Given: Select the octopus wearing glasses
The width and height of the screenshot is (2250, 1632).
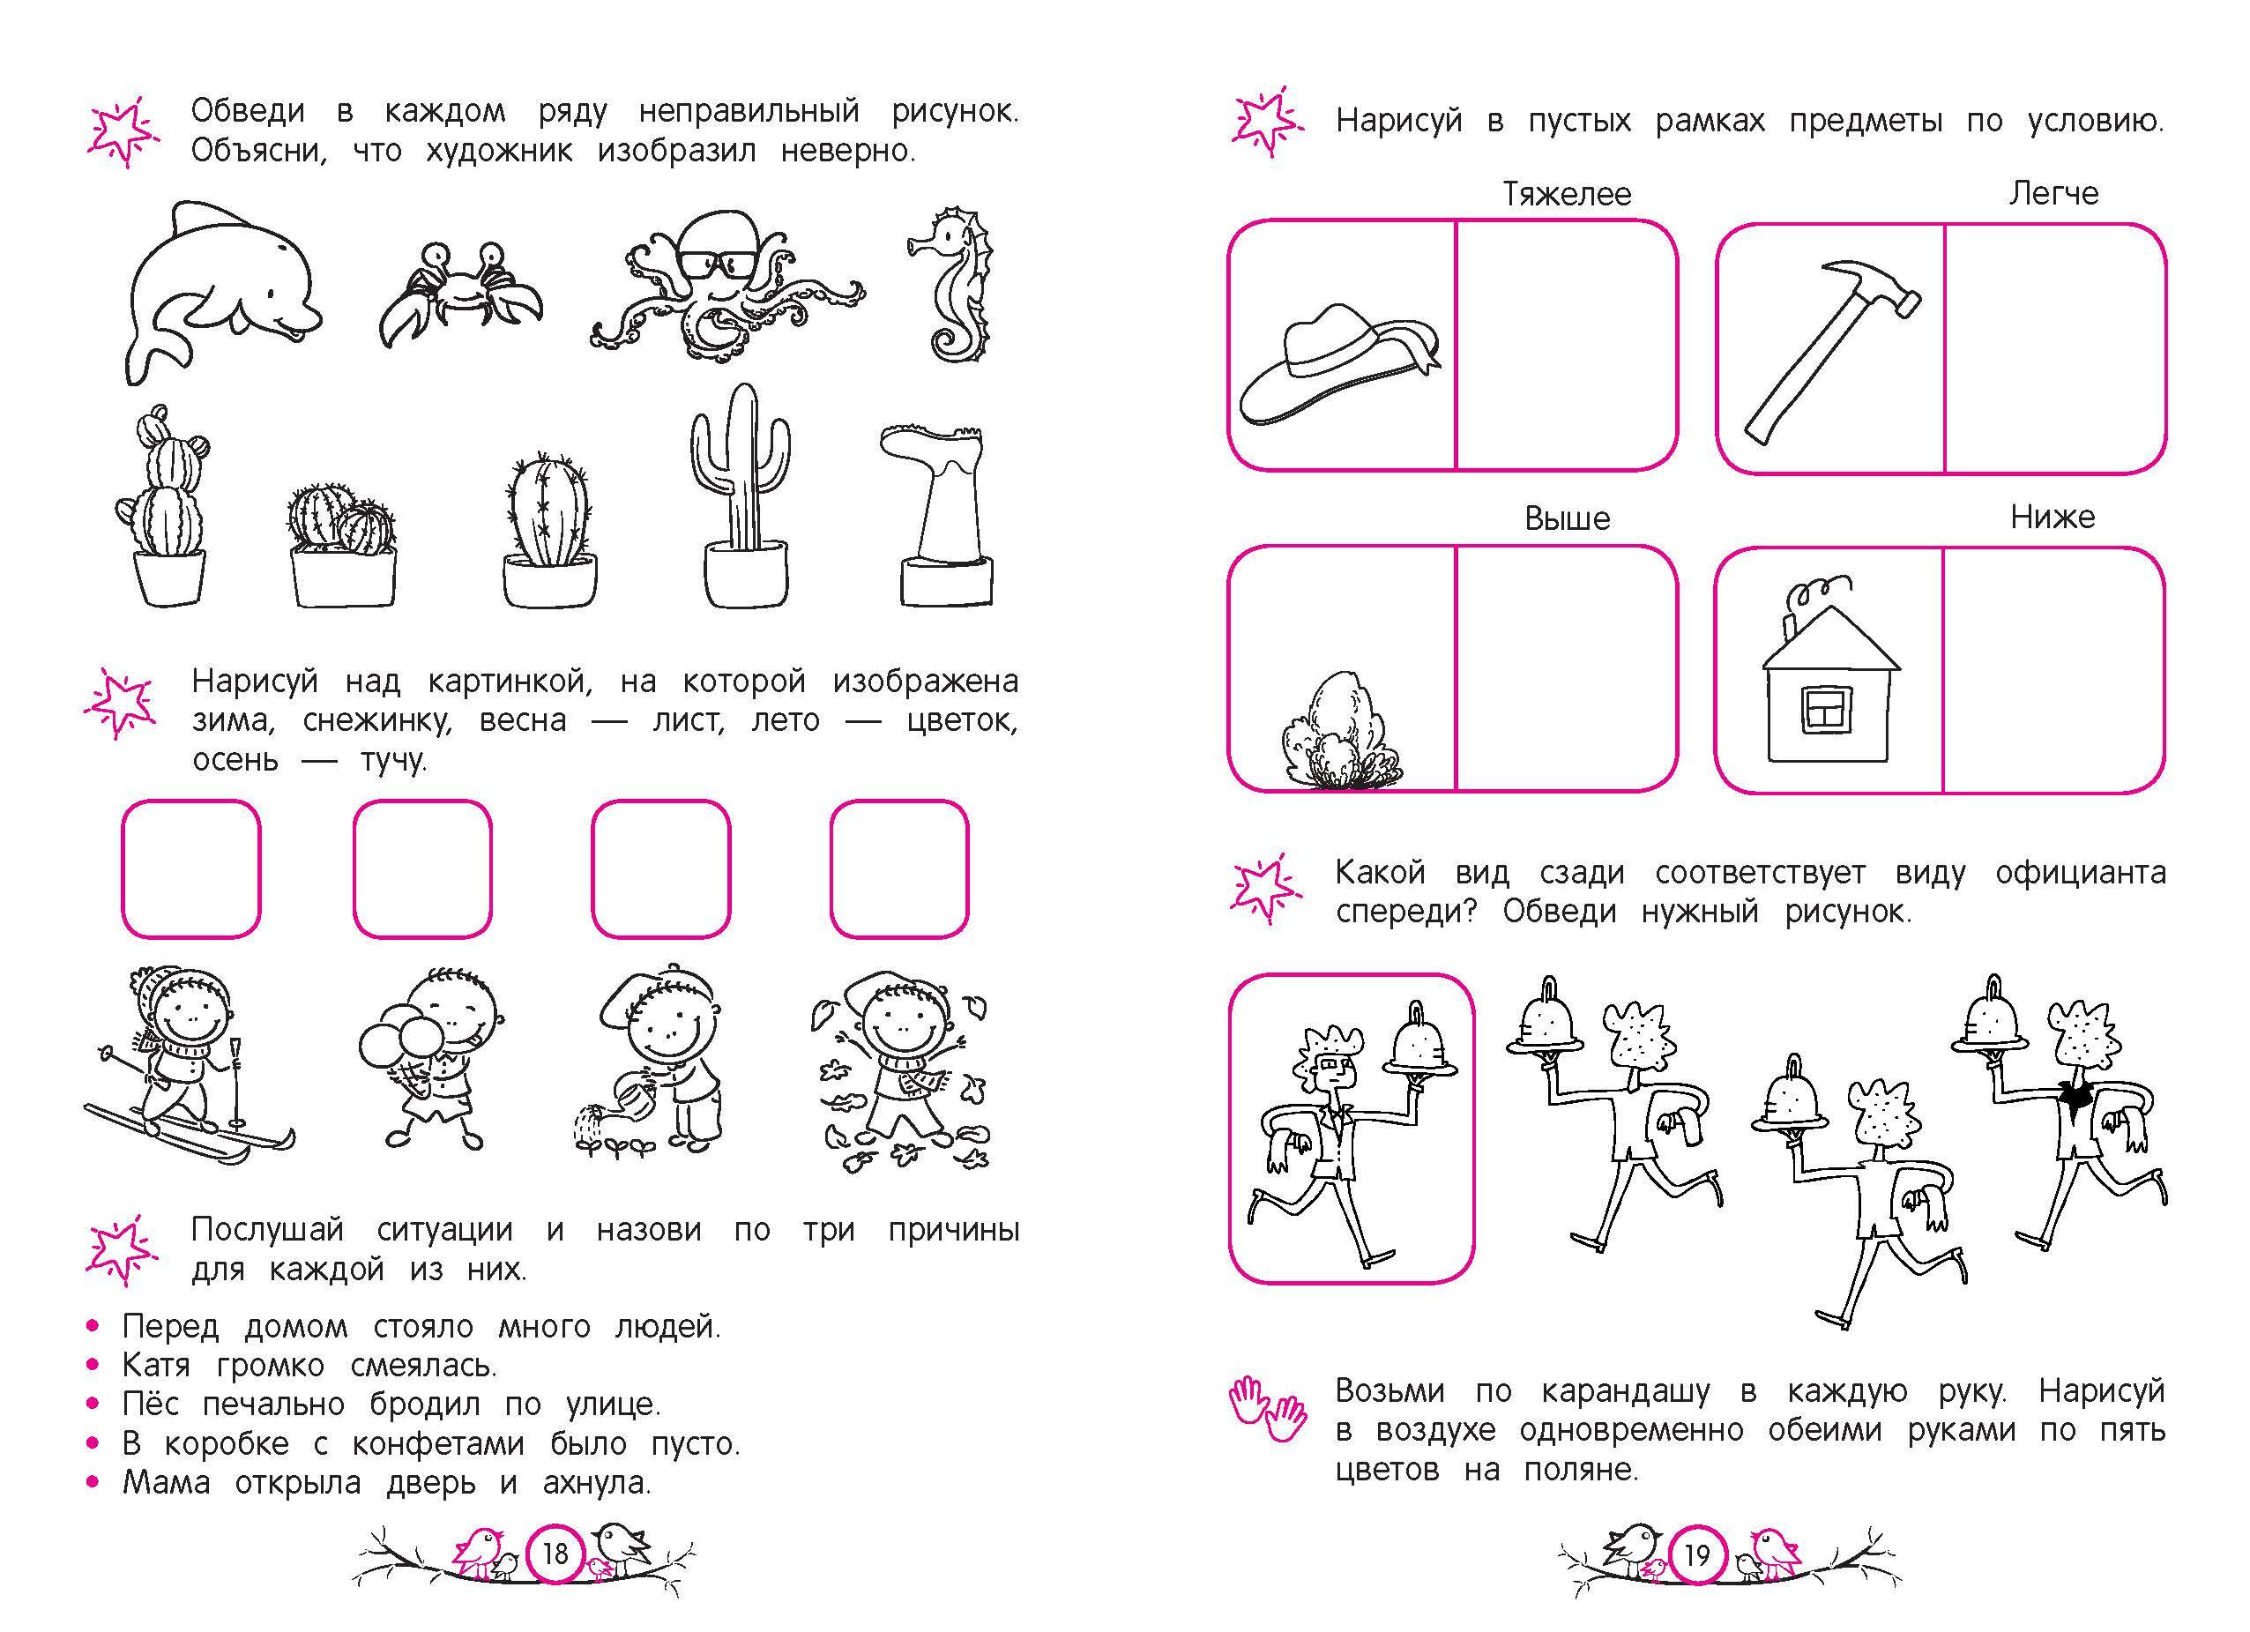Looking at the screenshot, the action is pyautogui.click(x=727, y=286).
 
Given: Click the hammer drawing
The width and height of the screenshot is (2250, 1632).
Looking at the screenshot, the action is pyautogui.click(x=1831, y=351).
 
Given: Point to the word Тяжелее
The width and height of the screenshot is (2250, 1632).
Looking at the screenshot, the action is pyautogui.click(x=1567, y=193).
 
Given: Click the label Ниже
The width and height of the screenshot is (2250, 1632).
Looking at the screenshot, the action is pyautogui.click(x=2053, y=517).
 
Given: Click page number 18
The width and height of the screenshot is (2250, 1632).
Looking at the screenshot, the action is pyautogui.click(x=555, y=1553).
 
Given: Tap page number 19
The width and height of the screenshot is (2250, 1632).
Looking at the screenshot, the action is pyautogui.click(x=1697, y=1554).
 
